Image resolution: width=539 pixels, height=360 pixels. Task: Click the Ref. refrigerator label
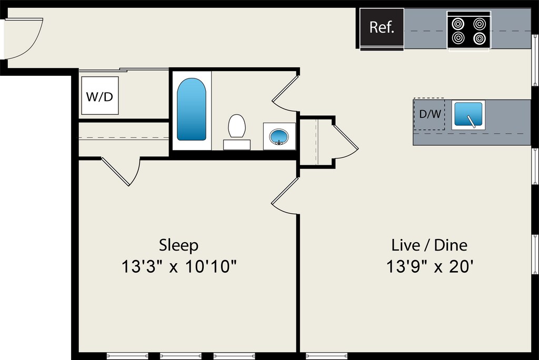click(382, 27)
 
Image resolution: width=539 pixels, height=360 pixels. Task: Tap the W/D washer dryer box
click(99, 96)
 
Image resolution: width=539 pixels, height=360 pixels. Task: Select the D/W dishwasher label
click(430, 114)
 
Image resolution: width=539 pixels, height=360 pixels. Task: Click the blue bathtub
click(191, 109)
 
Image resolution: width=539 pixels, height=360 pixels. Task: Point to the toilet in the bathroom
click(237, 127)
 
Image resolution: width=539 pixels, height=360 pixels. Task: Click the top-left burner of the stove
click(458, 24)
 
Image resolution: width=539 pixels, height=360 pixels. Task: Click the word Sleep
click(179, 245)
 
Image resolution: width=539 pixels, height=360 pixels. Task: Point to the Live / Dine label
click(429, 245)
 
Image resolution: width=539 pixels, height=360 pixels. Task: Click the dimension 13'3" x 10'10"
click(179, 267)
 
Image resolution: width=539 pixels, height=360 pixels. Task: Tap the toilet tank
click(236, 144)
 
